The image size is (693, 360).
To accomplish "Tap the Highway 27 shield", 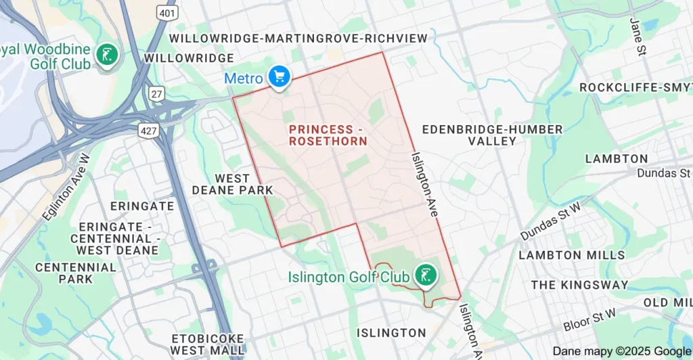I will coord(158,94).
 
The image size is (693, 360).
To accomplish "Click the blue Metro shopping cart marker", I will coord(279,76).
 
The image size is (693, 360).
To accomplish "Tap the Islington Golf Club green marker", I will coord(426,275).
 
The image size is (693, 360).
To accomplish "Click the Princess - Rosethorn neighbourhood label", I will coord(328,135).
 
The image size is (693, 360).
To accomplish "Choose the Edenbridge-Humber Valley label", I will coord(492,135).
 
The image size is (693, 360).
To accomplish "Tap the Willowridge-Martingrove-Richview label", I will coord(298,39).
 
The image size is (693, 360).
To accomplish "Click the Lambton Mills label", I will coord(572,255).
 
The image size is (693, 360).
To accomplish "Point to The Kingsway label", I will coord(579,285).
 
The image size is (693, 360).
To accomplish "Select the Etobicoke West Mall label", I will coord(207,344).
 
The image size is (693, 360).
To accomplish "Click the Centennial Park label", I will coord(76,273).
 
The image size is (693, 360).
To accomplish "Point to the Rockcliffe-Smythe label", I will coord(635,88).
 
